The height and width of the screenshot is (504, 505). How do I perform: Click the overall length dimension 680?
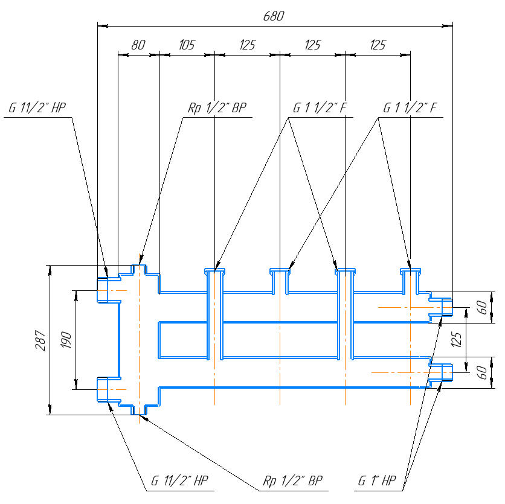[x=273, y=16]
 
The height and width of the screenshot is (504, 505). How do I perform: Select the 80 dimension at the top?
[x=138, y=45]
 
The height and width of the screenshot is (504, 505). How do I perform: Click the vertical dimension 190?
[x=66, y=340]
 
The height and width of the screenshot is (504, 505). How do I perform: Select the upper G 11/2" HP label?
[x=37, y=109]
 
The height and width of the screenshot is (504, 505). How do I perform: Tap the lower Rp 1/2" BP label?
[x=292, y=481]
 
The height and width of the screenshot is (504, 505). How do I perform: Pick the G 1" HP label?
[x=376, y=481]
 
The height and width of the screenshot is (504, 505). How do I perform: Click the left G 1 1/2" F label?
[x=320, y=109]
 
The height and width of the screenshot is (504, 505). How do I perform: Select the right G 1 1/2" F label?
[x=410, y=109]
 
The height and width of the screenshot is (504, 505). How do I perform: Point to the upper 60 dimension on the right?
[x=483, y=307]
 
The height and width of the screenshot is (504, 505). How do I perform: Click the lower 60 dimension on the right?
[x=483, y=372]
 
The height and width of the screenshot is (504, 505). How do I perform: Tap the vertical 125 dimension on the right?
[x=457, y=340]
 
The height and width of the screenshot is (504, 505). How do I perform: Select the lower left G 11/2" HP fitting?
[x=102, y=389]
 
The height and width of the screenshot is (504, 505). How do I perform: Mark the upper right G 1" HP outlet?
[x=446, y=307]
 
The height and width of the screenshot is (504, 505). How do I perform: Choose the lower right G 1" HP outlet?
[x=446, y=372]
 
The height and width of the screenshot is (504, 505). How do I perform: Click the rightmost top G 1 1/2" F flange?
[x=410, y=272]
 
